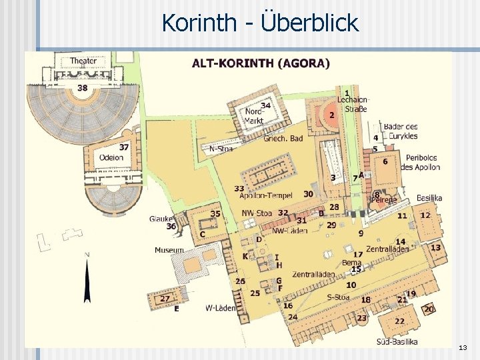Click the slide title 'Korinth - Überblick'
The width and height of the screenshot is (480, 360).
pos(260,23)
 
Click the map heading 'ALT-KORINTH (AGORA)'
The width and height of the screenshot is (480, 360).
pos(261,64)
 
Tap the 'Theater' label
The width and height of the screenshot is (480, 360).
pos(83,61)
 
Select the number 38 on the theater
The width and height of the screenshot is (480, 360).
pos(82,87)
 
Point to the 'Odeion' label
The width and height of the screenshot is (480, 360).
pos(111,158)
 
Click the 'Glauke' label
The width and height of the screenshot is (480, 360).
pos(161,218)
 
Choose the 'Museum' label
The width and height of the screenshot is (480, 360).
pos(169,250)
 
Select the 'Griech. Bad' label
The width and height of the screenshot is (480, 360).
pos(283,139)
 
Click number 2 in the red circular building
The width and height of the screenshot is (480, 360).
pos(332,115)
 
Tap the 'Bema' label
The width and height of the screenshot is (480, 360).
pos(351,263)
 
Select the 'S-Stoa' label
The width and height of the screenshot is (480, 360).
pos(338,297)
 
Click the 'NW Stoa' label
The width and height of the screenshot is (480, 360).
pos(256,213)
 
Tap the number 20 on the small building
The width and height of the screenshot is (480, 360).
pos(429,309)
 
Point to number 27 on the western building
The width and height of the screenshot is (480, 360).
pos(165,298)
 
